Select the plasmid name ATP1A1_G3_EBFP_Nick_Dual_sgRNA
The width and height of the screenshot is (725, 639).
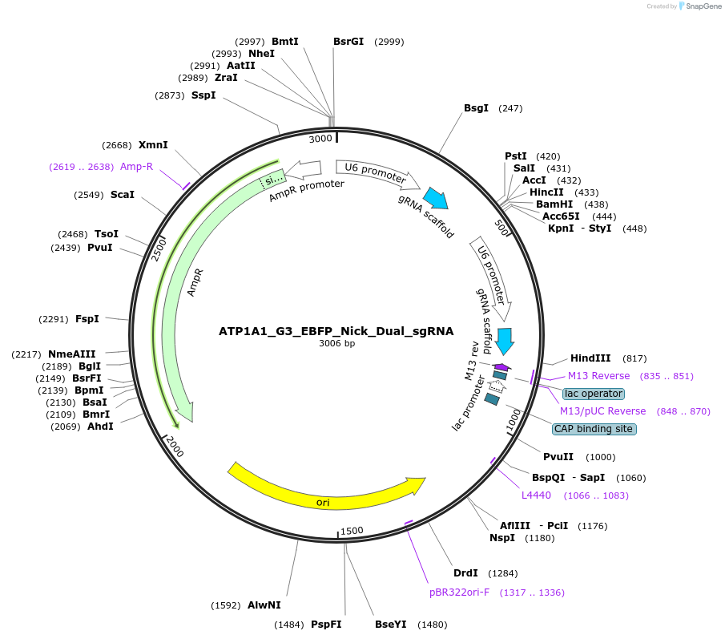[336, 330]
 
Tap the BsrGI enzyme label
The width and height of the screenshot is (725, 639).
[348, 41]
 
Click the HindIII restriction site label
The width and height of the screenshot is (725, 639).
[590, 358]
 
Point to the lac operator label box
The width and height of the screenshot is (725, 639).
[593, 394]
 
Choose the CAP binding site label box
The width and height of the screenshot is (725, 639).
[594, 429]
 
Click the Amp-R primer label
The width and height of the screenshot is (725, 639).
[136, 167]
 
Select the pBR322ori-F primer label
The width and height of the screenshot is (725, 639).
[459, 592]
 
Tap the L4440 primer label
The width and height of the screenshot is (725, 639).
[536, 495]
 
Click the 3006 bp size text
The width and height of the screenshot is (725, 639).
[336, 344]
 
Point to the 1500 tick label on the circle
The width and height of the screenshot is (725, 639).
[352, 531]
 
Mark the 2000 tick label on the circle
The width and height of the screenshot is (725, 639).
[174, 447]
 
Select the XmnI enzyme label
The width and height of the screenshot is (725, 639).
[153, 145]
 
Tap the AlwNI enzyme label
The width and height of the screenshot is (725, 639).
[264, 605]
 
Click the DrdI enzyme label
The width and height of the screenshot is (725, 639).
[465, 572]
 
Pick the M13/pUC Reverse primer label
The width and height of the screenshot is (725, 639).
[602, 411]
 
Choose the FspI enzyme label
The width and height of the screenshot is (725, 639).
[87, 319]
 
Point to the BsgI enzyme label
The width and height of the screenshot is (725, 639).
[476, 107]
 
